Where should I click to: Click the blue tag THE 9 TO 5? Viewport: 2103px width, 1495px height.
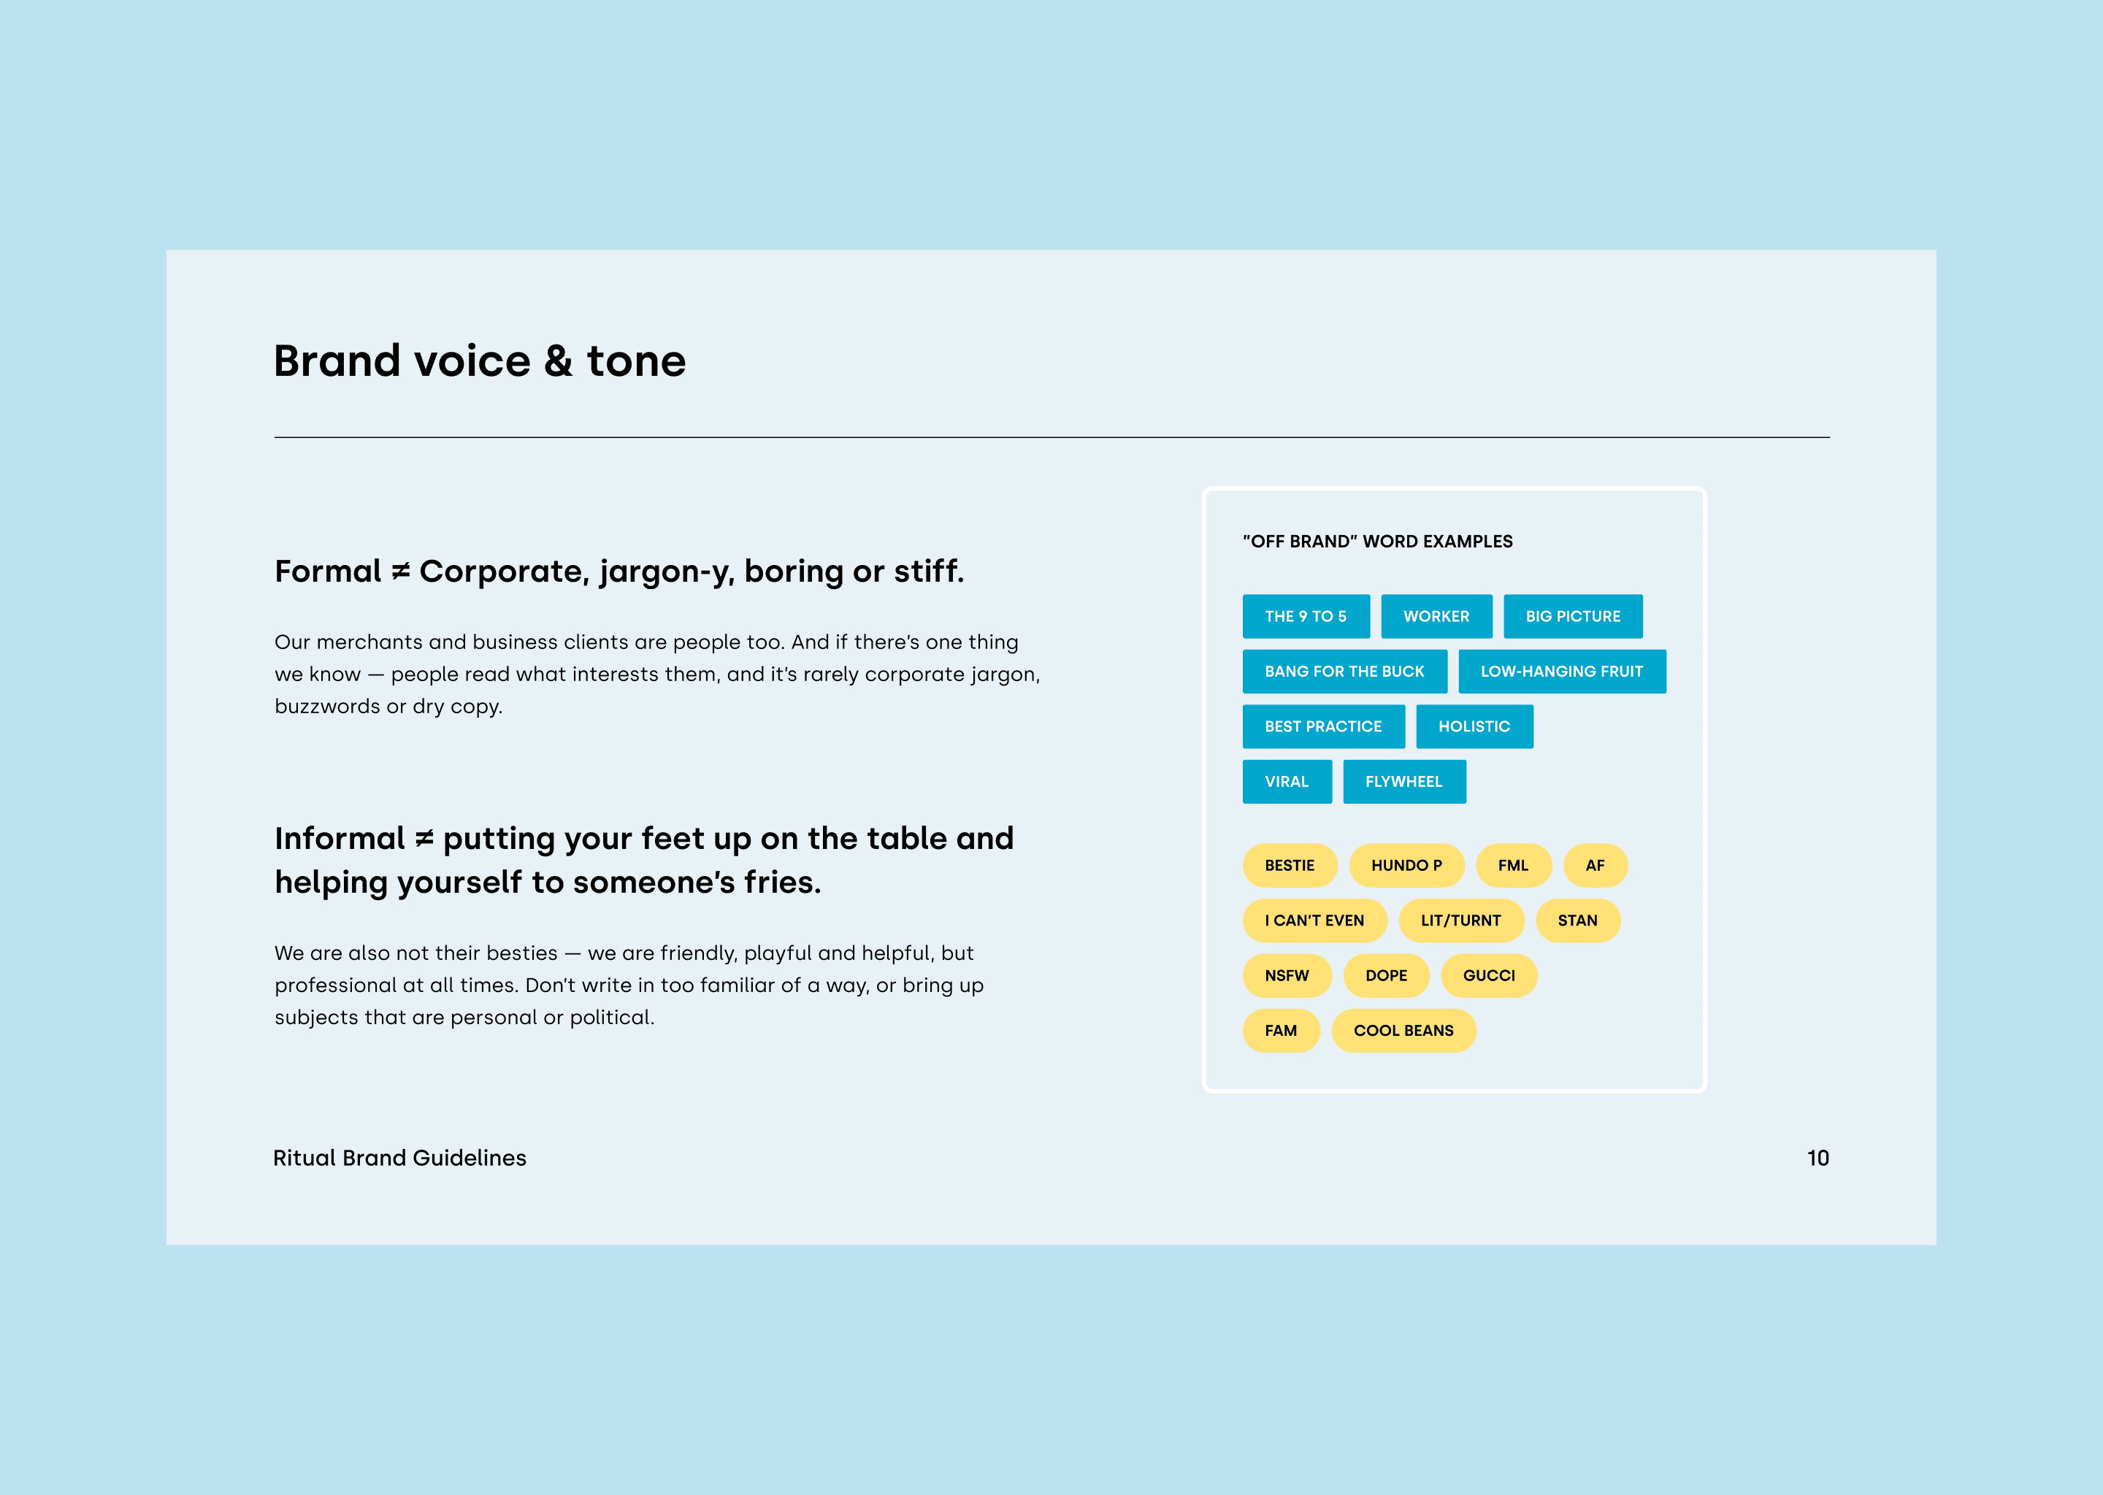click(1306, 616)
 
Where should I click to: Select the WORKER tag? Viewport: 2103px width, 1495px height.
click(1436, 616)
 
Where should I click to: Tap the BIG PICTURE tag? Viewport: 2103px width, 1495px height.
click(1573, 616)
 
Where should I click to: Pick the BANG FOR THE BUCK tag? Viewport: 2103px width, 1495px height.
click(1344, 671)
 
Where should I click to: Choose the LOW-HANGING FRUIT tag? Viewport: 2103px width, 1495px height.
click(1562, 671)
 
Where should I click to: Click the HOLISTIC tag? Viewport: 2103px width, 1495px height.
click(1474, 726)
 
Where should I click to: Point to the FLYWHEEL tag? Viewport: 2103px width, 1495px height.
click(1404, 782)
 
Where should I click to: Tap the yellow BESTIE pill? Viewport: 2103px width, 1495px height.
click(1290, 865)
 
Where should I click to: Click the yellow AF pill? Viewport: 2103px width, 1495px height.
click(1596, 865)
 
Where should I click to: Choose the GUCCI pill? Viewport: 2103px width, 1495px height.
click(1489, 976)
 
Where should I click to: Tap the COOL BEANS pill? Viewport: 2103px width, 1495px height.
click(1403, 1031)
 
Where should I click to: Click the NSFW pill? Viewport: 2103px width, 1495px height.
click(1287, 976)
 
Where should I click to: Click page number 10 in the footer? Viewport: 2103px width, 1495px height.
click(1818, 1158)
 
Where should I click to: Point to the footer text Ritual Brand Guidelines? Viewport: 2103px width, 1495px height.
click(399, 1158)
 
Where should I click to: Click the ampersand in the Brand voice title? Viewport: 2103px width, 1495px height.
click(559, 361)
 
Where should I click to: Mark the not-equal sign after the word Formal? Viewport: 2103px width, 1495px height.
click(401, 572)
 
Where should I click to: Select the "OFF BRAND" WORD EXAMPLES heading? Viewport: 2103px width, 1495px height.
click(1377, 542)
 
